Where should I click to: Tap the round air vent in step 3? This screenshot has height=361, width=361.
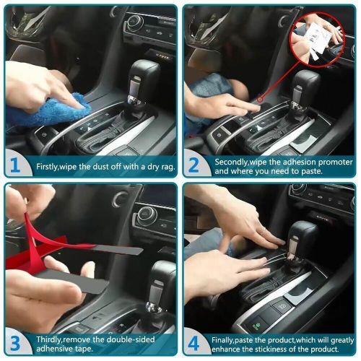[x=148, y=215]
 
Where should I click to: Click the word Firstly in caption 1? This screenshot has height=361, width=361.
[x=51, y=167]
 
